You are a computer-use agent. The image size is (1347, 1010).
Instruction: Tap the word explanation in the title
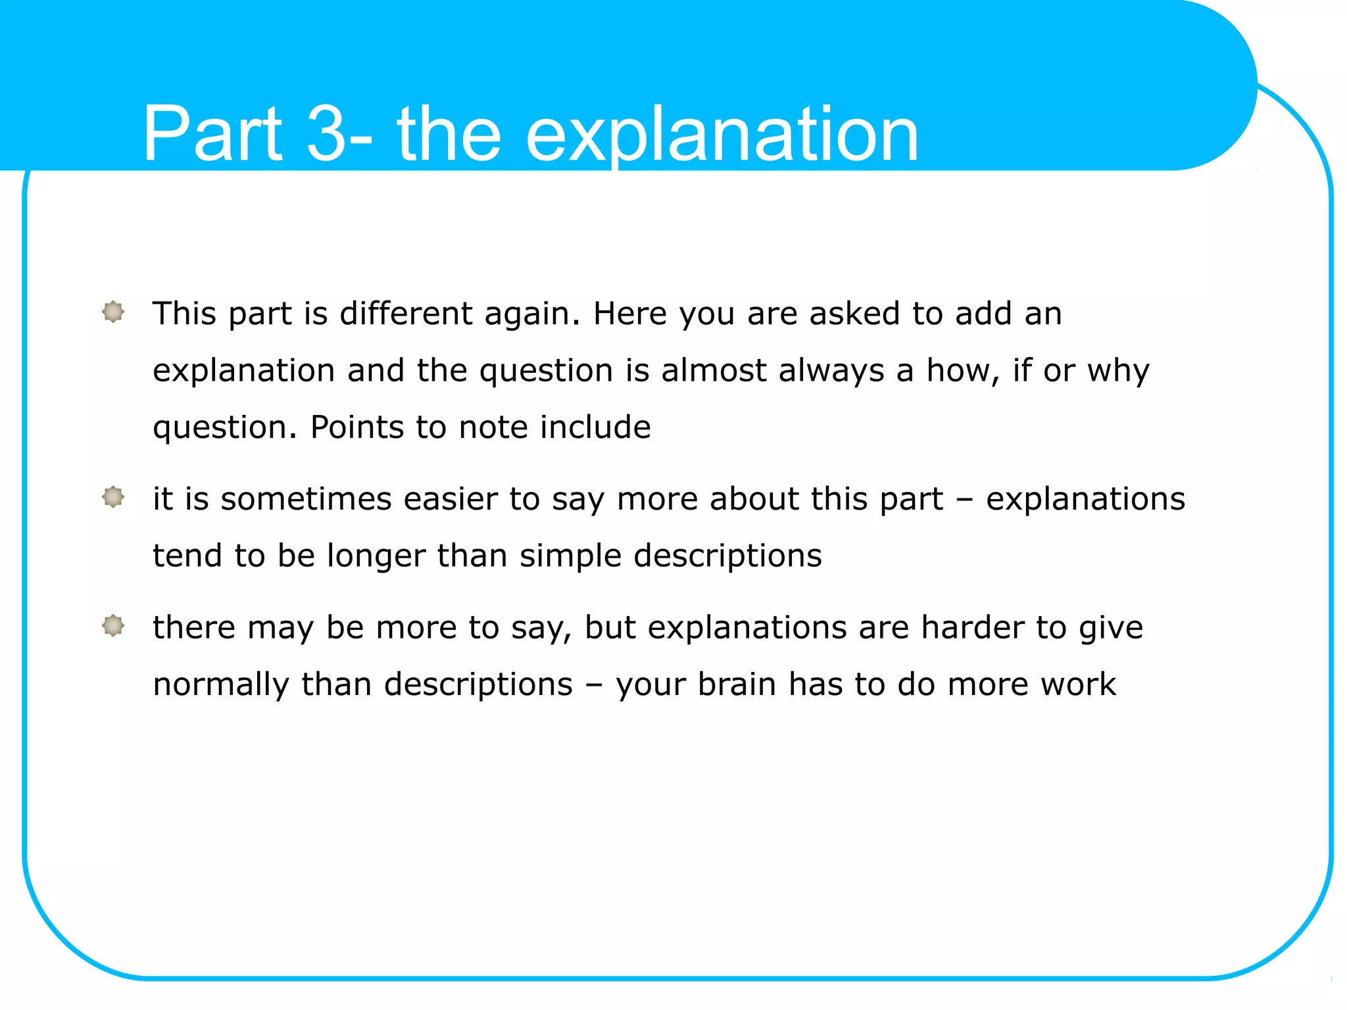point(721,135)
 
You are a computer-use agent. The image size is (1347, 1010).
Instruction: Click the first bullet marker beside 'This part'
point(113,312)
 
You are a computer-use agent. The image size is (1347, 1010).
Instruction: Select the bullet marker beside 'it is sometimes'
point(113,497)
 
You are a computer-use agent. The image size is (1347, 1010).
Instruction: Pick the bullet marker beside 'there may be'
point(113,626)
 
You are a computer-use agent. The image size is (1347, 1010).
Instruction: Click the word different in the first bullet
point(405,313)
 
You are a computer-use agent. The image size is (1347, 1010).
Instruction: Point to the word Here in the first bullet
point(629,313)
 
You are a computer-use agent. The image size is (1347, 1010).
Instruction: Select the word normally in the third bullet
point(220,685)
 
